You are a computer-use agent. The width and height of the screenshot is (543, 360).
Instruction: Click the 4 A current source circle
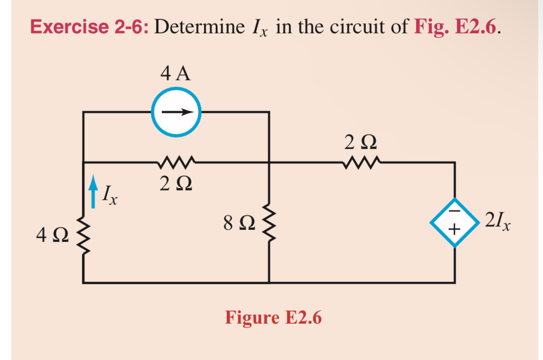click(x=176, y=112)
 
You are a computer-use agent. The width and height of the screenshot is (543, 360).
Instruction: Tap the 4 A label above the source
click(x=175, y=74)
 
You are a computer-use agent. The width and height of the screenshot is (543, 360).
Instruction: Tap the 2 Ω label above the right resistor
click(x=360, y=142)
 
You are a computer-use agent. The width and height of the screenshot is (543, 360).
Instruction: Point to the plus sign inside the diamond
click(x=454, y=229)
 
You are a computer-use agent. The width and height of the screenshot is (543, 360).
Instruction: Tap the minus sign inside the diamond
click(x=454, y=211)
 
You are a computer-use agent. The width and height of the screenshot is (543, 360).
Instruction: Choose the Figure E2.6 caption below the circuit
click(x=273, y=318)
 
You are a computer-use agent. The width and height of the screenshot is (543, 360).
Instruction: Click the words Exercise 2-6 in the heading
click(x=89, y=27)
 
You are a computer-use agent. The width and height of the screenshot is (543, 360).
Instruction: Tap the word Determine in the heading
click(x=199, y=27)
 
